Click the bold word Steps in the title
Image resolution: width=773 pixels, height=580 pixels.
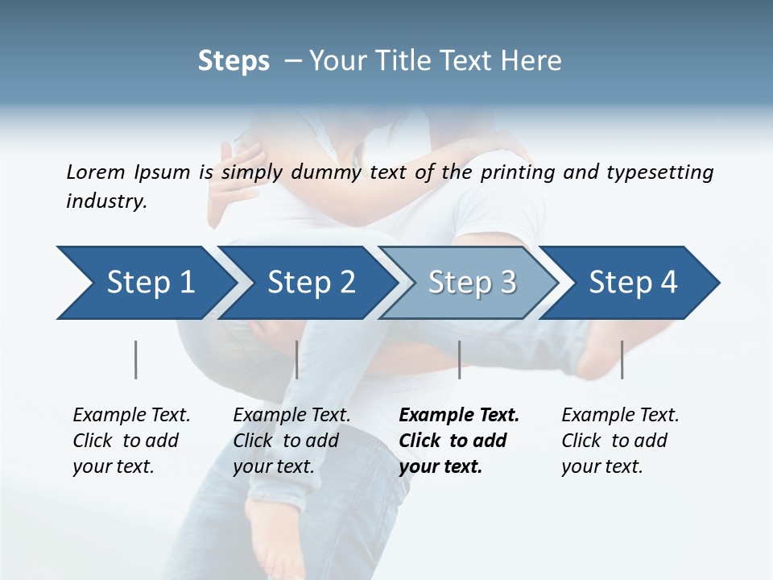coord(234,61)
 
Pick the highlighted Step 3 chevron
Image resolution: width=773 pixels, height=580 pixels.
coord(472,283)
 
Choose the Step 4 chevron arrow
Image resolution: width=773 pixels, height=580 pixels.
coord(633,283)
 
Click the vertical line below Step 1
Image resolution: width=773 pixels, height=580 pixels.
coord(136,359)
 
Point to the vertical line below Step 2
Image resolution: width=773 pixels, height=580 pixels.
coord(297,359)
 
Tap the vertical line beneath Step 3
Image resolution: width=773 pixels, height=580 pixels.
coord(459,359)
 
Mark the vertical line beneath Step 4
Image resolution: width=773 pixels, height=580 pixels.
coord(622,359)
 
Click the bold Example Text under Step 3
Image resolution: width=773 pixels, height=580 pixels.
coord(459,441)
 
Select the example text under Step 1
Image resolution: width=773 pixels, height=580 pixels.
coord(131,441)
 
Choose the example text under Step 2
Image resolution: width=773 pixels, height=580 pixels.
coord(291,441)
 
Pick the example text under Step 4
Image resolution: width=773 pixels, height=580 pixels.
coord(620,441)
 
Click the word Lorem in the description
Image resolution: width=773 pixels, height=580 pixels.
coord(95,172)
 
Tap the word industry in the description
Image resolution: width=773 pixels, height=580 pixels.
coord(105,201)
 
